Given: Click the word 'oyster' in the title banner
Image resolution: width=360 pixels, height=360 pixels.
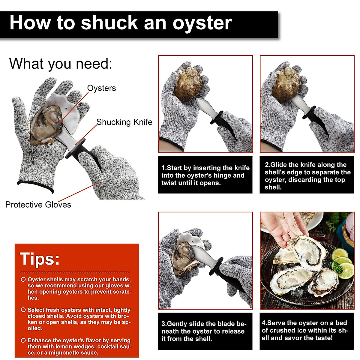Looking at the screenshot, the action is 202,24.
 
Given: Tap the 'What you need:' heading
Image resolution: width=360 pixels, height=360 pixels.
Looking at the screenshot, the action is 61,64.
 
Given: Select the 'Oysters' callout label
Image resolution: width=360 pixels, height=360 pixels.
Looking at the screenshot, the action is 101,88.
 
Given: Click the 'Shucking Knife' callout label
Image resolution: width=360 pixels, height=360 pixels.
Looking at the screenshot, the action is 124,122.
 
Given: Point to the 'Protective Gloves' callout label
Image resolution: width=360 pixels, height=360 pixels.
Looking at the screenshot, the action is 38,205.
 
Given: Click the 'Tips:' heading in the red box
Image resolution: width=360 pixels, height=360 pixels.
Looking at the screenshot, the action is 40,259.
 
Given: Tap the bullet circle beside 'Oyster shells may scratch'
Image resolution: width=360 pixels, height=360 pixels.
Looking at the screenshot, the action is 23,280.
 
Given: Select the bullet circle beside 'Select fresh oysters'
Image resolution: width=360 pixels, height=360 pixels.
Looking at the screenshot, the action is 23,310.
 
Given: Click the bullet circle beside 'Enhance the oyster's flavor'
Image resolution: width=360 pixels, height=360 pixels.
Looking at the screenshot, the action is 23,340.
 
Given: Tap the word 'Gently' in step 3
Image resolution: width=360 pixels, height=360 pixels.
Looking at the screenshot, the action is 179,324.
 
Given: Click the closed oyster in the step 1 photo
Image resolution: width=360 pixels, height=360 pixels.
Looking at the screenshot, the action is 188,84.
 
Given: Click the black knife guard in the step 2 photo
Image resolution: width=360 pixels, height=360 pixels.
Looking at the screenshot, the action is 309,113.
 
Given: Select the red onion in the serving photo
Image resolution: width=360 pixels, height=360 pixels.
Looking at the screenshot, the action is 350,225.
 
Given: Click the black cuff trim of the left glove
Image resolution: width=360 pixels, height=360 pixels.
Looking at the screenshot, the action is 35,186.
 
